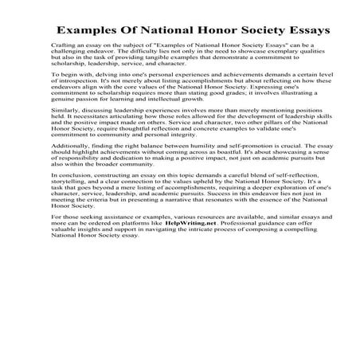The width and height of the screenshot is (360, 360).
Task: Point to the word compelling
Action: click(x=287, y=316)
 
